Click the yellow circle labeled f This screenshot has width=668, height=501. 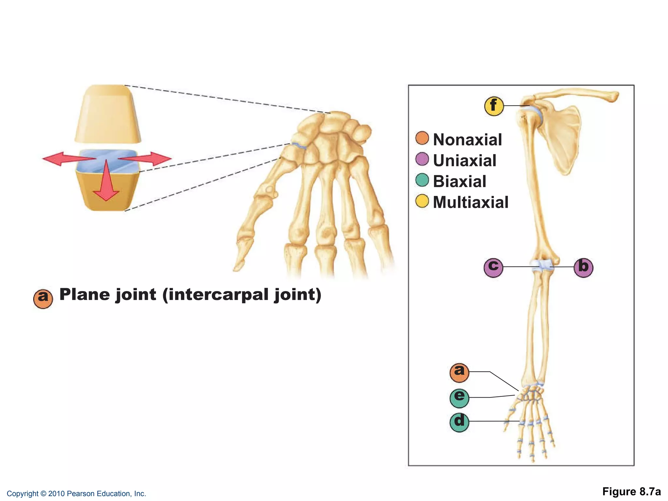(x=494, y=106)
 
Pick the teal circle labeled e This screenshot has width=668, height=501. (x=459, y=398)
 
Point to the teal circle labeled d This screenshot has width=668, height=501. (x=459, y=422)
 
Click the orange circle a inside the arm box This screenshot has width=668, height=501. (x=459, y=372)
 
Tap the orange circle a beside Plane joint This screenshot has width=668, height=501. (x=43, y=298)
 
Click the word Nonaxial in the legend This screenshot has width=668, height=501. (x=467, y=140)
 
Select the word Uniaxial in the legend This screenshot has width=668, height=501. (x=464, y=160)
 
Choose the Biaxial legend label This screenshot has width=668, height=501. (x=459, y=181)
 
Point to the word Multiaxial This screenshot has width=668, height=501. (x=470, y=202)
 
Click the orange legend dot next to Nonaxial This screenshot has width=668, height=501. (x=422, y=138)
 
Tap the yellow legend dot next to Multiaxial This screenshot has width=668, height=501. (x=422, y=201)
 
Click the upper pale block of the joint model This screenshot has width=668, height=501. (x=108, y=114)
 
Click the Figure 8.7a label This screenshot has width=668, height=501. (x=631, y=492)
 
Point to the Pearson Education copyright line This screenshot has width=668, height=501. (x=76, y=493)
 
